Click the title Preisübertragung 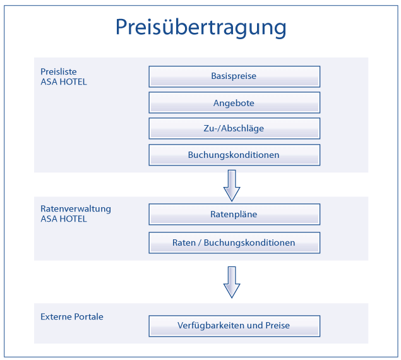click(x=201, y=28)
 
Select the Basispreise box click(x=234, y=76)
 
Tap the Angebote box click(x=234, y=102)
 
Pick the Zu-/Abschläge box click(x=234, y=128)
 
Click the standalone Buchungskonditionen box click(x=234, y=155)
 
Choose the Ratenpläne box click(x=234, y=214)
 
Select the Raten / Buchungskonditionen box click(x=234, y=243)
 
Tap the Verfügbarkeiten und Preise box click(x=234, y=326)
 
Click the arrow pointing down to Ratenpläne click(x=232, y=186)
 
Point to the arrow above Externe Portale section click(x=232, y=282)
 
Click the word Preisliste click(x=59, y=71)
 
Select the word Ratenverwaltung click(x=76, y=209)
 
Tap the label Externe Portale click(x=72, y=317)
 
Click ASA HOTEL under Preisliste click(x=64, y=82)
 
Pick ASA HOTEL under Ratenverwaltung click(x=64, y=219)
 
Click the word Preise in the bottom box click(x=277, y=325)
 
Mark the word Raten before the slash click(x=184, y=243)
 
